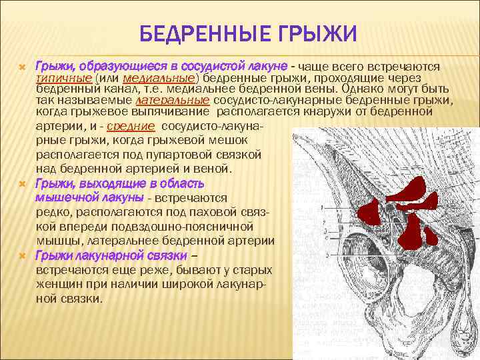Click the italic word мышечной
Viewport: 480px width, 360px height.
(63, 197)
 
